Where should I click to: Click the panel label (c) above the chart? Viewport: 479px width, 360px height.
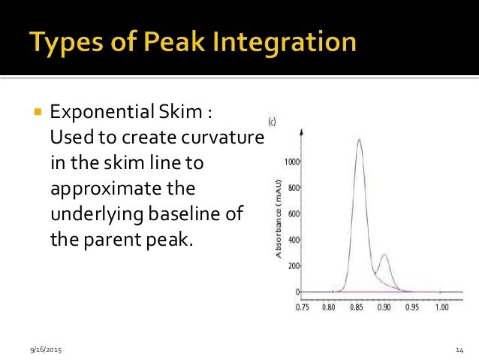[271, 120]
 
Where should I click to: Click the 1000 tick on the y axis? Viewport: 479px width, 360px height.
[292, 162]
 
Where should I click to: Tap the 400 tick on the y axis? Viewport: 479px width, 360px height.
[294, 240]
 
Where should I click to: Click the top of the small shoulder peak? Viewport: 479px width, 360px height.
[384, 255]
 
